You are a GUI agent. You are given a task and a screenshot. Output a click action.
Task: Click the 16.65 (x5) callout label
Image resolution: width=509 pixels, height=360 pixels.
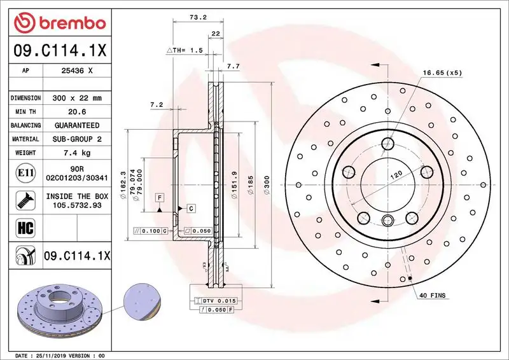pos(442,73)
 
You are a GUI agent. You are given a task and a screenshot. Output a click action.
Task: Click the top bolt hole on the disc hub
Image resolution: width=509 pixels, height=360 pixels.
pos(387,143)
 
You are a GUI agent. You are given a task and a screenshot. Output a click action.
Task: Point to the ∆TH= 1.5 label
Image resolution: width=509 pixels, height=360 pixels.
pos(185,50)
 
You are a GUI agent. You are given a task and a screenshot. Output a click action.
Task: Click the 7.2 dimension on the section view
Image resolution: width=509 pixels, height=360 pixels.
pos(157,104)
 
